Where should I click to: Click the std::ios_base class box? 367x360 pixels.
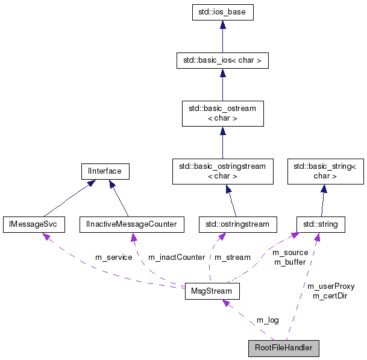tap(222, 12)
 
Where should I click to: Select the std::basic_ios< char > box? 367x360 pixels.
tap(222, 60)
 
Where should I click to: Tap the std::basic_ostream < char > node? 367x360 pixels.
tap(222, 113)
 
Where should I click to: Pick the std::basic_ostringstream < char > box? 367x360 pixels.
tap(222, 171)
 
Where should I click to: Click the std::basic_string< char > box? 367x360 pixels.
tap(325, 171)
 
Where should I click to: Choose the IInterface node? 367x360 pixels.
tap(101, 171)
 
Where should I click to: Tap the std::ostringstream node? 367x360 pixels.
tap(237, 224)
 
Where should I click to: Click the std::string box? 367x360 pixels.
tap(321, 224)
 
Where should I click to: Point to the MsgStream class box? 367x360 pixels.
tap(212, 291)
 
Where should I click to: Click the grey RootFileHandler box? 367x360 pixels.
tap(283, 348)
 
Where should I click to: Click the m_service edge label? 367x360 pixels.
tap(113, 257)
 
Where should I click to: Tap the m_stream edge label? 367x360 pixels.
tap(232, 257)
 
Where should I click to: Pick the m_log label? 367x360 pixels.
tap(268, 320)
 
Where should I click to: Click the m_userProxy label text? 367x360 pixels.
tap(330, 286)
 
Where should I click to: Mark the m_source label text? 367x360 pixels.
tap(290, 252)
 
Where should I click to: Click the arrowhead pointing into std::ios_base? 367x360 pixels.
tap(222, 25)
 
